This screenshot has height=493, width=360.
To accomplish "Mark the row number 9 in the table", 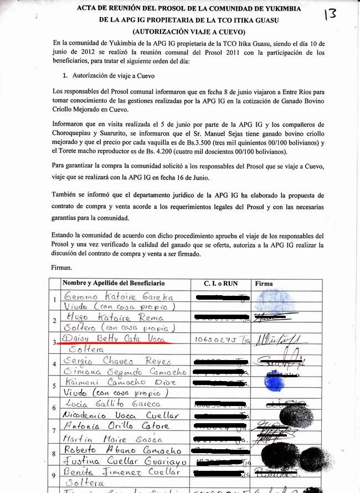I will point(54,475).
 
